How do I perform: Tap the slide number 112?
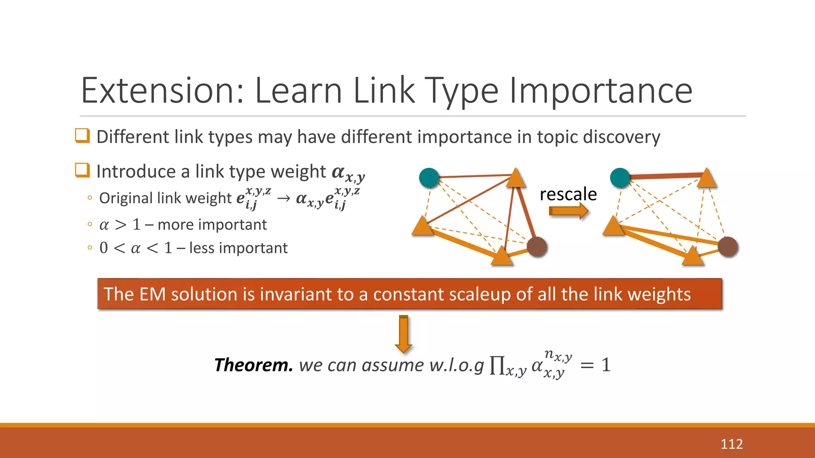pos(731,444)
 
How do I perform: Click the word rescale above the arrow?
pos(568,194)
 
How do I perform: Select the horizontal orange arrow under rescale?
pos(568,211)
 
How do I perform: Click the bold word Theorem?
pos(253,365)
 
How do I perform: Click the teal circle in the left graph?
pos(429,178)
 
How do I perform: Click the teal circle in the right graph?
pos(620,178)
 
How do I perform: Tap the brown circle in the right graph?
pos(728,246)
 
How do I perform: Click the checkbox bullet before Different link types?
pos(82,136)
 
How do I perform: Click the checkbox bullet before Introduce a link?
pos(82,170)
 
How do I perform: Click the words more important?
pos(212,225)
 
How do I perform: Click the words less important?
pos(238,248)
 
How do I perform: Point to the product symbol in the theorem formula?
pos(497,365)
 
